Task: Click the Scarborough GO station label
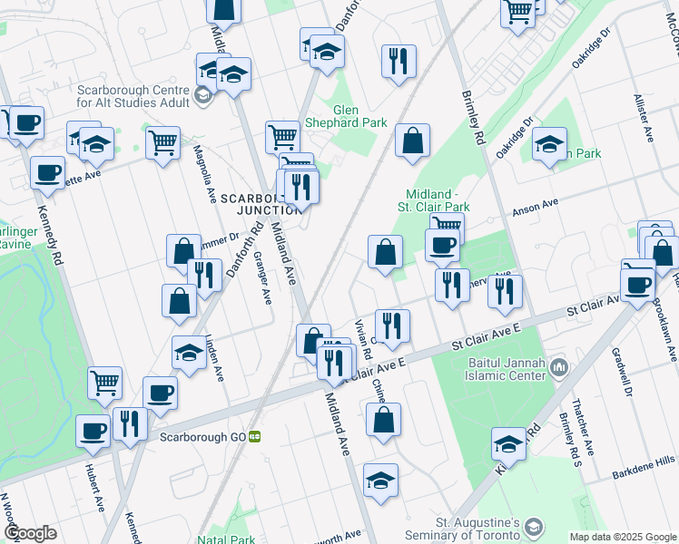202,436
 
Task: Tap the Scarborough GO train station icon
256,436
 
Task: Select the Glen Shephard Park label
359,116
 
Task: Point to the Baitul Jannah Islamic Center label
498,368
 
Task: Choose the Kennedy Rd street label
47,233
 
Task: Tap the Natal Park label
230,539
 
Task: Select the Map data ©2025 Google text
622,537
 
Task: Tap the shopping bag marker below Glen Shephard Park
412,141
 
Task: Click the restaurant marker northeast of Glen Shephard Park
398,63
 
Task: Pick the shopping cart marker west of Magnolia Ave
162,142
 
